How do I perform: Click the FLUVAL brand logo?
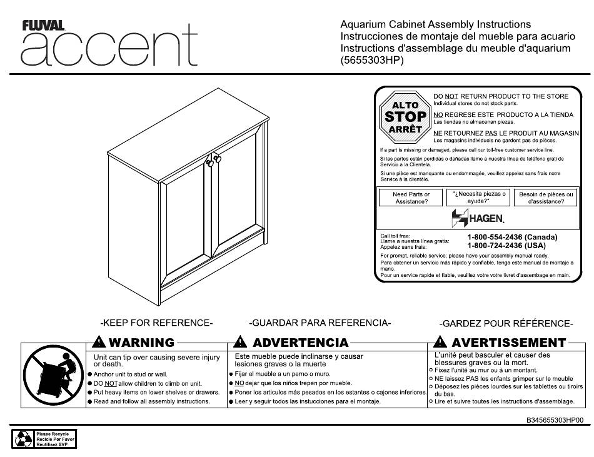pyautogui.click(x=43, y=26)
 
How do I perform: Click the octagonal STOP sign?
pyautogui.click(x=405, y=117)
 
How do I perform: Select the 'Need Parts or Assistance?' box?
pyautogui.click(x=411, y=198)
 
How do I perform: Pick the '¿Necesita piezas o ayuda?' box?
pyautogui.click(x=479, y=198)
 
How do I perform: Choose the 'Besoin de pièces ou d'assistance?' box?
pyautogui.click(x=546, y=198)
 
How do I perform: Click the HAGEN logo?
pyautogui.click(x=478, y=218)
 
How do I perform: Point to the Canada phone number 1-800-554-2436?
pyautogui.click(x=511, y=238)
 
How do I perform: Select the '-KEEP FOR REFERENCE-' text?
pyautogui.click(x=156, y=323)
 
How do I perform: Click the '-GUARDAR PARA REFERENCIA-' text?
pyautogui.click(x=320, y=323)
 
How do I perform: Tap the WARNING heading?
pyautogui.click(x=133, y=343)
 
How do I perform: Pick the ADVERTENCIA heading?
pyautogui.click(x=292, y=343)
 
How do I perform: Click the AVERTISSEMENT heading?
pyautogui.click(x=500, y=343)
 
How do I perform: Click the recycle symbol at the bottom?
pyautogui.click(x=24, y=438)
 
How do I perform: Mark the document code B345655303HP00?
pyautogui.click(x=555, y=421)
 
